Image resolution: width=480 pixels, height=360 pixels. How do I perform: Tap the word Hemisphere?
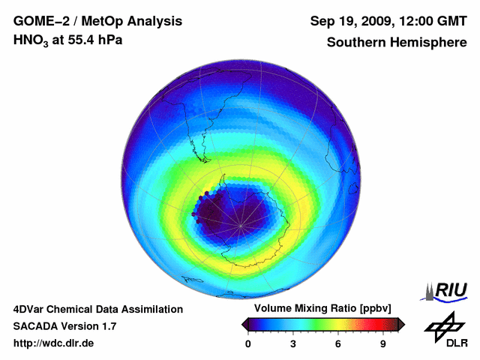point(428,42)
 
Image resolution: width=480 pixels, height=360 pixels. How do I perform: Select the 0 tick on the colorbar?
point(248,344)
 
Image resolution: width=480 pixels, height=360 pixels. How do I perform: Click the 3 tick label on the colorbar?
point(293,344)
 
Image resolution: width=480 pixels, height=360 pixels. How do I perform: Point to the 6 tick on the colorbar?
point(338,344)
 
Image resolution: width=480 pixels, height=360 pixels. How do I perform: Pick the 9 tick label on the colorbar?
point(382,344)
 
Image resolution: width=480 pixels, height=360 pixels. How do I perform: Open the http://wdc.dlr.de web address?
point(54,343)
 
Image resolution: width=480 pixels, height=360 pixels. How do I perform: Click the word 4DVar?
point(29,309)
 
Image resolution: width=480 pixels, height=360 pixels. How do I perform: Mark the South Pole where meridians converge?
point(241,224)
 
